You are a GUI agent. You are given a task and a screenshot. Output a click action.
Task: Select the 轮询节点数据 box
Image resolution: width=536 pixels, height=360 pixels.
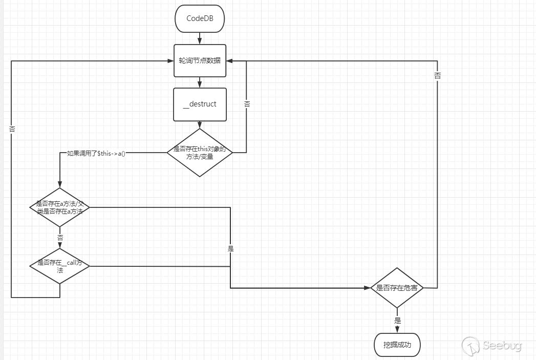(200, 60)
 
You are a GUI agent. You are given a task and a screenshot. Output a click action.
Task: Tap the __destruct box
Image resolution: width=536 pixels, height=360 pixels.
(200, 104)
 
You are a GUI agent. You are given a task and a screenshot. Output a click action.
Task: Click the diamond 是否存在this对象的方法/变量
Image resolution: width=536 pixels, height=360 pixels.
(200, 153)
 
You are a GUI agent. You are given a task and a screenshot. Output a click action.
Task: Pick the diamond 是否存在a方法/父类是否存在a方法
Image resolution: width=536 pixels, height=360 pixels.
(60, 207)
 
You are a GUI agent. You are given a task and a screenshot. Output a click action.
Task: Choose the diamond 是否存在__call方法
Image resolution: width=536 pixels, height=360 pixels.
(60, 266)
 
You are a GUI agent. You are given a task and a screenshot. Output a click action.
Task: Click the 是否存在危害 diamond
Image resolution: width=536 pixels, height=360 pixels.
(397, 288)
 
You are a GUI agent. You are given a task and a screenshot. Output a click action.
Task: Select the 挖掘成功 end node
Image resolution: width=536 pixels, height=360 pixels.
(397, 345)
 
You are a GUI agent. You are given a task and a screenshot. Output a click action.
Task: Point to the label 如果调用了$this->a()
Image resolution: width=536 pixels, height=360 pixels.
(96, 153)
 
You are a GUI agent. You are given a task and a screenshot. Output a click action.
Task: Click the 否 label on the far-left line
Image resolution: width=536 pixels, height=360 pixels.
(12, 130)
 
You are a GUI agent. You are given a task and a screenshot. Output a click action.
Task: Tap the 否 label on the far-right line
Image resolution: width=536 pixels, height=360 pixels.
(437, 76)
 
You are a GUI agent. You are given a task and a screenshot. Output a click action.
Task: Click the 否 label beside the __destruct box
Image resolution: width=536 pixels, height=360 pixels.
(247, 104)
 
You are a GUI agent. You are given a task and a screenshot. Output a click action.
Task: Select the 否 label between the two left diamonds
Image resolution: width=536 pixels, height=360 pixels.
(60, 238)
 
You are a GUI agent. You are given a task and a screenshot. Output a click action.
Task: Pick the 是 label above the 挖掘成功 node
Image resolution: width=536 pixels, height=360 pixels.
(397, 321)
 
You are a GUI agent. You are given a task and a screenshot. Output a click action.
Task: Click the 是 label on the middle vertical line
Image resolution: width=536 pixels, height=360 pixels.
(230, 248)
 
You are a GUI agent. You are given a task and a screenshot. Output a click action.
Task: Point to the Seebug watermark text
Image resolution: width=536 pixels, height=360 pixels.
(502, 346)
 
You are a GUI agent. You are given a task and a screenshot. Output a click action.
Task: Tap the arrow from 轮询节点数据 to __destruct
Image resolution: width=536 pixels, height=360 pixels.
(200, 82)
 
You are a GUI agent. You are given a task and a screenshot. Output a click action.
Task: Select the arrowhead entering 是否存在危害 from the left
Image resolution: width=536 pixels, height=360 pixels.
(367, 288)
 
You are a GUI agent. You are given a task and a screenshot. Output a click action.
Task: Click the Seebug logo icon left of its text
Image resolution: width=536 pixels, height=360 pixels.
(470, 346)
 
